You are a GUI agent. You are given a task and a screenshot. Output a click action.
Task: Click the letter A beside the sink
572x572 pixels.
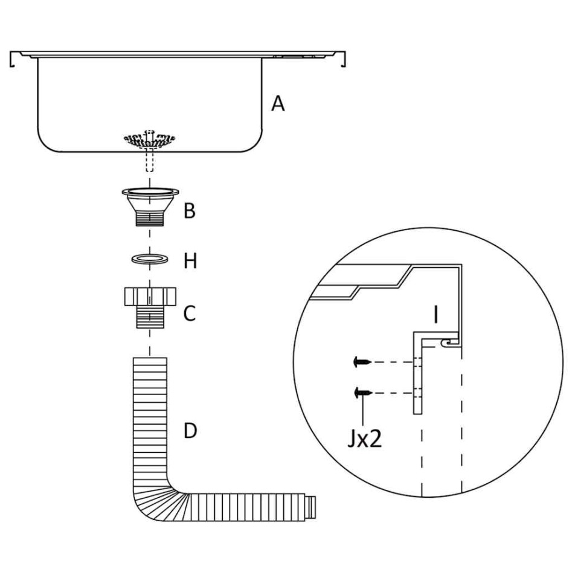click(x=278, y=104)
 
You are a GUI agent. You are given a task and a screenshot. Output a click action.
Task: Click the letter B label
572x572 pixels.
click(x=190, y=212)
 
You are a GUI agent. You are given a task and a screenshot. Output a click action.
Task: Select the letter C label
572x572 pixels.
click(x=190, y=313)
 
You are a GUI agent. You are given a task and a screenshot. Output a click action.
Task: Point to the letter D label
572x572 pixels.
click(x=190, y=431)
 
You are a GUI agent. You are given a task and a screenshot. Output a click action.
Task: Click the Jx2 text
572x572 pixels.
click(x=365, y=439)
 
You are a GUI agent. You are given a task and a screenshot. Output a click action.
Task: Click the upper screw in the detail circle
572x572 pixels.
click(x=361, y=362)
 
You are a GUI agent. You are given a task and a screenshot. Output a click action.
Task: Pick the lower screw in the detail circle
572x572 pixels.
click(x=361, y=393)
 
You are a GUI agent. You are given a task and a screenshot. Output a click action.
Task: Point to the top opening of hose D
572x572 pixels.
click(x=149, y=360)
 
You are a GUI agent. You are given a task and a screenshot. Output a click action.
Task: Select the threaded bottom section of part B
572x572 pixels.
click(x=149, y=219)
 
